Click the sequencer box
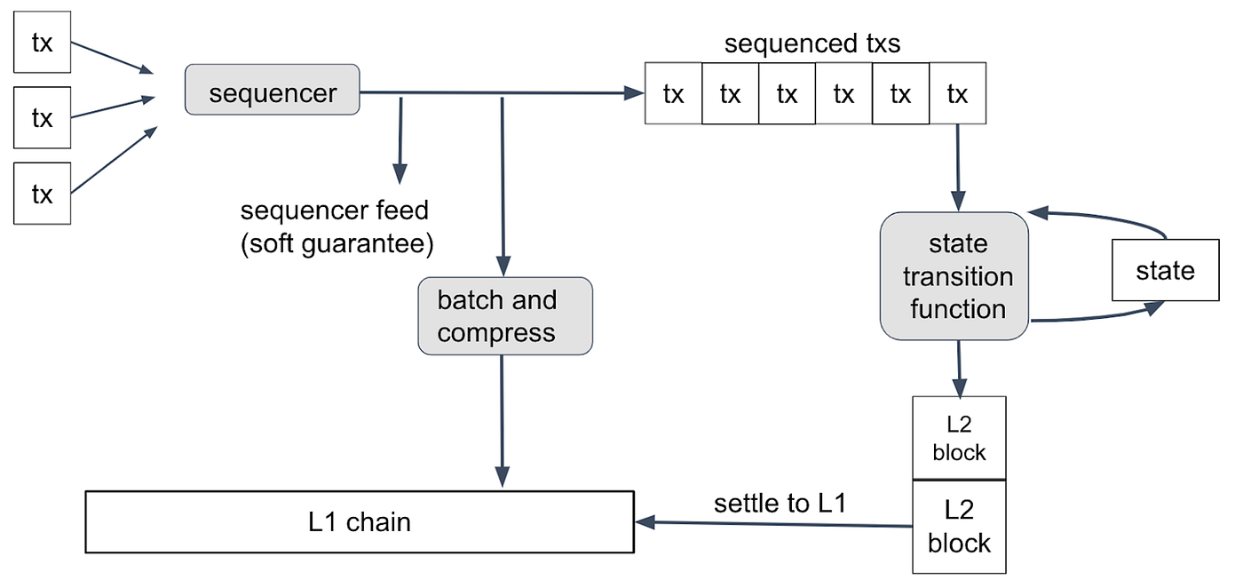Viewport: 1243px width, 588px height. point(272,90)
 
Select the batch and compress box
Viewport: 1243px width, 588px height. point(505,316)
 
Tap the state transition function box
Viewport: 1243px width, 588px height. point(954,276)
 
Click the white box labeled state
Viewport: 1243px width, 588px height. point(1165,270)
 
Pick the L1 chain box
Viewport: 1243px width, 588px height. point(360,522)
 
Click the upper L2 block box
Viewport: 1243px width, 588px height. point(959,438)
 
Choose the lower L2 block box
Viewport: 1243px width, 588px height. point(959,527)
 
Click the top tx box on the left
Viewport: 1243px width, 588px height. point(43,43)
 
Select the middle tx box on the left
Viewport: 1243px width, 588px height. point(43,118)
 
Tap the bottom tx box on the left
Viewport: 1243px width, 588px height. point(43,194)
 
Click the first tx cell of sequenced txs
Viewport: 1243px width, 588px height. point(673,93)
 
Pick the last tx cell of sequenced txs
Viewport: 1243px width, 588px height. point(957,93)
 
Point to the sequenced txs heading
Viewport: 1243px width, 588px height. point(812,44)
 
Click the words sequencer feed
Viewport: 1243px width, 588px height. point(334,211)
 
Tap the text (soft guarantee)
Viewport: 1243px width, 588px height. point(336,243)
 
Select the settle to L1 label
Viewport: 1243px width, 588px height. point(780,503)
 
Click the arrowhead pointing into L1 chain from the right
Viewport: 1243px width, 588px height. point(645,522)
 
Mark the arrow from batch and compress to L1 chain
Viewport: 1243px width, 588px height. point(503,421)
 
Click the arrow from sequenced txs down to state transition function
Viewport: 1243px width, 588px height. point(958,167)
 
